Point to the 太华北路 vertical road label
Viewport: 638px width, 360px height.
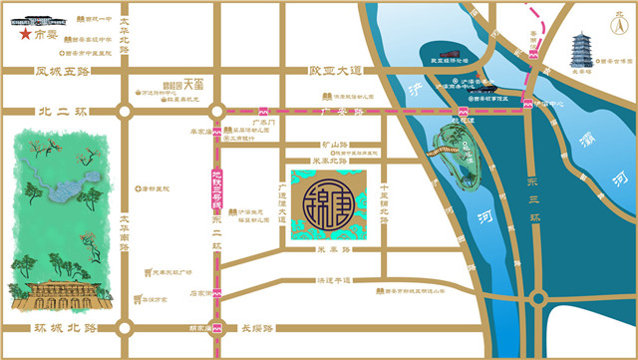(x=125, y=33)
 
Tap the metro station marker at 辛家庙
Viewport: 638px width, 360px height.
(x=216, y=131)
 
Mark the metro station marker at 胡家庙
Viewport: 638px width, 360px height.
(x=216, y=326)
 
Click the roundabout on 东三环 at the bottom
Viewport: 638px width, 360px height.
(x=539, y=297)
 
